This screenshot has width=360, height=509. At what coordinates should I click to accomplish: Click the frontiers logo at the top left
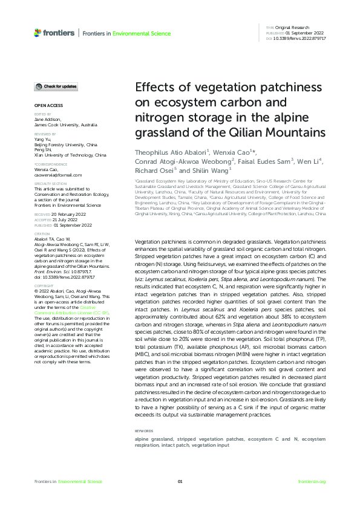[54, 33]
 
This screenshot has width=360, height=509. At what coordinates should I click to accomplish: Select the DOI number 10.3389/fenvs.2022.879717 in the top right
[300, 38]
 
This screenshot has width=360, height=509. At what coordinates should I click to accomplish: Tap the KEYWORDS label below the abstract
[144, 431]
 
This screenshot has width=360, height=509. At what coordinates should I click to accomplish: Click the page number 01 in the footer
[180, 481]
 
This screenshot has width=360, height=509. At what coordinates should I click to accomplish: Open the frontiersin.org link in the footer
[312, 481]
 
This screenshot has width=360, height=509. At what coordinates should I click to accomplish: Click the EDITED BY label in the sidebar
[42, 114]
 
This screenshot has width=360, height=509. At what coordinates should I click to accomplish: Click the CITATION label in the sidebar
[42, 233]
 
